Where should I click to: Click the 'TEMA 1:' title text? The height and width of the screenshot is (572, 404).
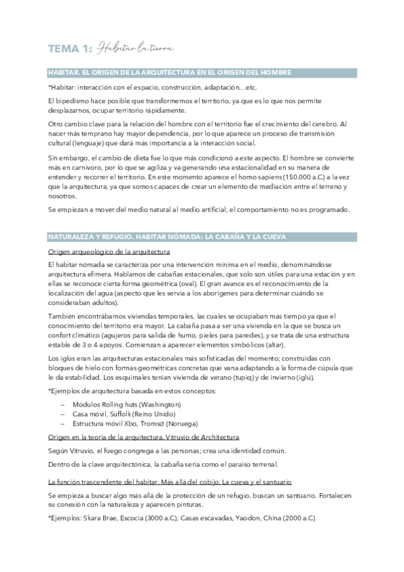coord(69,48)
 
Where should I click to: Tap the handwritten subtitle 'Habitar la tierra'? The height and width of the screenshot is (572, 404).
coord(134,48)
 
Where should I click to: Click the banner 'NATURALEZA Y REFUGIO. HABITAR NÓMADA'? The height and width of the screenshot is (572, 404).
coord(167,237)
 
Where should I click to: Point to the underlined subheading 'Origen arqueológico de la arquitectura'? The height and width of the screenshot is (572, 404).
coord(109,251)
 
